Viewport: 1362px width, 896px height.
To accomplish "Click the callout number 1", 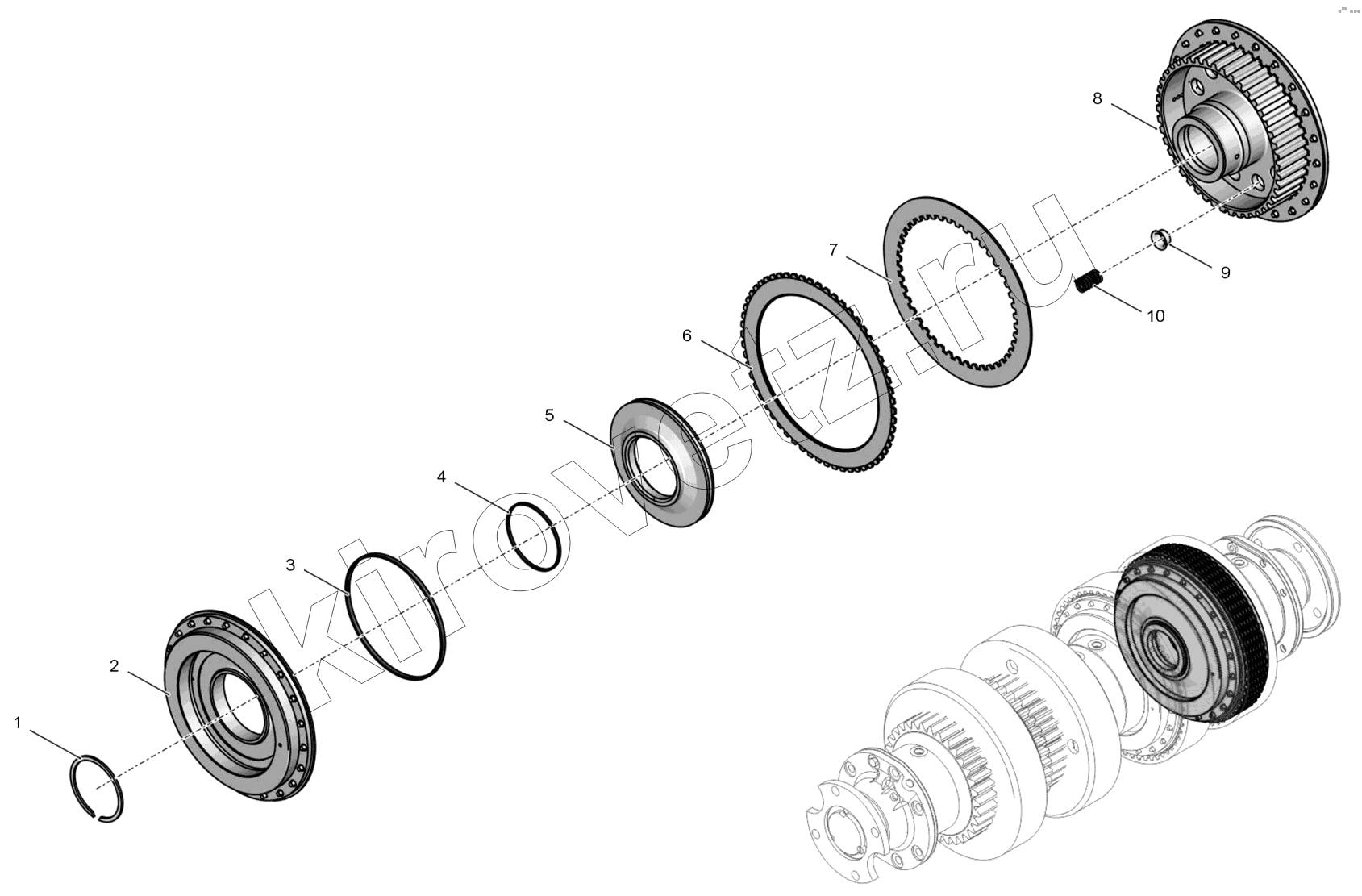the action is point(18,723).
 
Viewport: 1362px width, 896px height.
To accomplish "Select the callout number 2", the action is point(115,666).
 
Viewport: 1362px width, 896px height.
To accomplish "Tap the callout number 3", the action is point(290,565).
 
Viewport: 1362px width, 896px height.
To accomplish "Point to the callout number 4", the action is point(441,477).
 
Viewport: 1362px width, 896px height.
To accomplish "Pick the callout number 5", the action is point(550,415).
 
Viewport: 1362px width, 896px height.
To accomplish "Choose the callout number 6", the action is point(687,335).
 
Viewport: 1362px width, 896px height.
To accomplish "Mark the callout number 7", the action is point(833,249).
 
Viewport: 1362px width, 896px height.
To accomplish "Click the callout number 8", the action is point(1098,98).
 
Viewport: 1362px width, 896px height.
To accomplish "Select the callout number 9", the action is point(1226,273).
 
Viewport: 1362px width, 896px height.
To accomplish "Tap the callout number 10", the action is point(1156,316).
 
